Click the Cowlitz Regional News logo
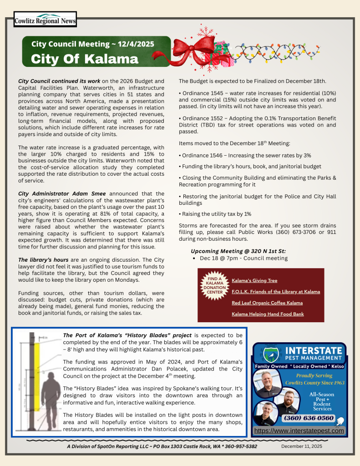pos(45,20)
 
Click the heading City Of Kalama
pos(84,59)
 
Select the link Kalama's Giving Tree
pos(254,280)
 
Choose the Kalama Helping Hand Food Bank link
pos(267,314)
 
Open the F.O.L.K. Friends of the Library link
pos(275,291)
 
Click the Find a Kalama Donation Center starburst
pos(213,285)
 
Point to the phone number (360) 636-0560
pos(309,418)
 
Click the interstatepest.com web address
pos(299,431)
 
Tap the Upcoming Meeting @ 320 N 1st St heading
pos(238,251)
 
